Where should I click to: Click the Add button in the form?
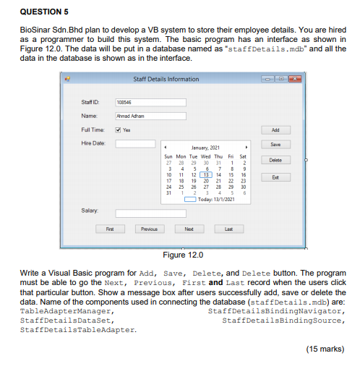point(275,130)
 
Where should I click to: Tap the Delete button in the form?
point(275,160)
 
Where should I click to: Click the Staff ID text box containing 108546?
point(150,103)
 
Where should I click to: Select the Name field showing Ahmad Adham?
point(150,116)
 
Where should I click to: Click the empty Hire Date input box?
point(135,143)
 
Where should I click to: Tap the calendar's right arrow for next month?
point(247,145)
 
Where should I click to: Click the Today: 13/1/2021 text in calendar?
point(214,199)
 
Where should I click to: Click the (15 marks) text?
point(324,349)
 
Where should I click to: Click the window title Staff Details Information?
point(166,79)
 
